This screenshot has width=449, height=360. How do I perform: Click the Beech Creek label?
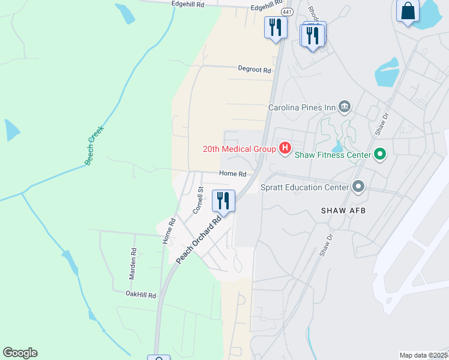click(94, 145)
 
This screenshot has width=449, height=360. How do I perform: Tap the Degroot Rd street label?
click(255, 70)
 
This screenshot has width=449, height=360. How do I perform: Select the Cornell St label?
click(199, 200)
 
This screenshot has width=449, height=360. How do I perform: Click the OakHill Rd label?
click(140, 295)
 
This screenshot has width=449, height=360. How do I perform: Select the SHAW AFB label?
click(343, 211)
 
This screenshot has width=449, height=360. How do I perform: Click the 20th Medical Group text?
click(238, 149)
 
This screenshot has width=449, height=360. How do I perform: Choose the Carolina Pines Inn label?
click(301, 108)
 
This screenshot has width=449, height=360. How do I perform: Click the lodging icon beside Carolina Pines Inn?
click(345, 107)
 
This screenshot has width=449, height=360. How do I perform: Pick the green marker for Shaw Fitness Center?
click(379, 155)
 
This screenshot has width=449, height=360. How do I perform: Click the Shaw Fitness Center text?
click(333, 155)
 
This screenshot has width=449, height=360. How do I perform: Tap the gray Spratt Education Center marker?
click(358, 187)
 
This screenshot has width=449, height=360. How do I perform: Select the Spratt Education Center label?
click(304, 187)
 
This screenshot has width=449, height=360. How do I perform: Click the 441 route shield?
click(287, 12)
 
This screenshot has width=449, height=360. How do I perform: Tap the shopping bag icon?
click(408, 12)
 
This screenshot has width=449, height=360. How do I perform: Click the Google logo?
click(20, 353)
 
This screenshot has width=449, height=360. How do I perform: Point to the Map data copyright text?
click(424, 355)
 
